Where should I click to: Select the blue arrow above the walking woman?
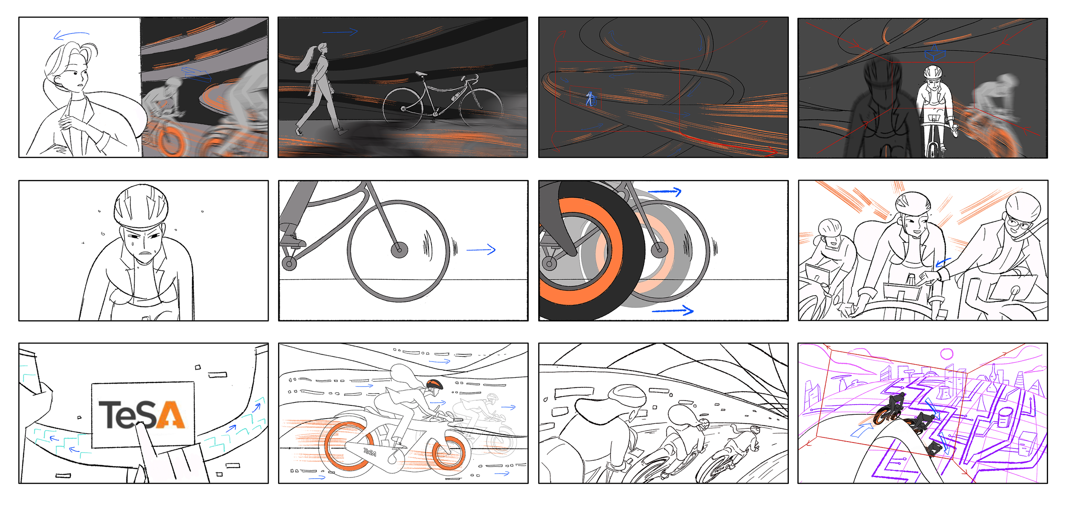click(340, 32)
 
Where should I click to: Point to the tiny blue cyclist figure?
click(591, 99)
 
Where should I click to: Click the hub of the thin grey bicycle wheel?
click(399, 250)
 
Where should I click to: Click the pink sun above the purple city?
click(947, 354)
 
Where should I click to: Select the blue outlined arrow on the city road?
click(861, 431)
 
